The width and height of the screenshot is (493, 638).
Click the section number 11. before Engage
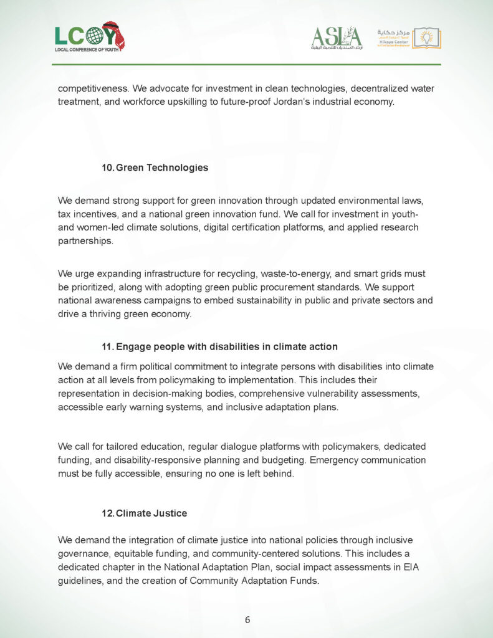click(108, 346)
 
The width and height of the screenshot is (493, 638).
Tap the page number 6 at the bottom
click(247, 619)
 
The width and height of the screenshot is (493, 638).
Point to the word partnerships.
click(86, 241)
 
